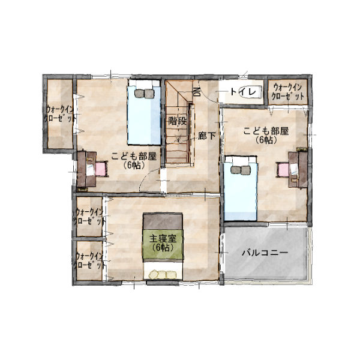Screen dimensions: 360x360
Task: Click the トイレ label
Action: pyautogui.click(x=243, y=92)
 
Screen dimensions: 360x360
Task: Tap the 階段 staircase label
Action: pyautogui.click(x=177, y=121)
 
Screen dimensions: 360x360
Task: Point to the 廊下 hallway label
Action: pyautogui.click(x=207, y=136)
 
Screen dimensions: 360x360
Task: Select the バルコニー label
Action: pyautogui.click(x=265, y=253)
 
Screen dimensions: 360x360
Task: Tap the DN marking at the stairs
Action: pyautogui.click(x=197, y=92)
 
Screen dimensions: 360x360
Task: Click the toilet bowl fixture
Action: pyautogui.click(x=252, y=92)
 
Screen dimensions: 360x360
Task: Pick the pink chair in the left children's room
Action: pyautogui.click(x=101, y=169)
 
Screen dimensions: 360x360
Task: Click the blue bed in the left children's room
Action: pyautogui.click(x=144, y=112)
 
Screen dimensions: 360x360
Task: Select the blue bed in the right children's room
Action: pyautogui.click(x=240, y=188)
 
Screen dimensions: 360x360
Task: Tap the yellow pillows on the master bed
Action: pyautogui.click(x=163, y=275)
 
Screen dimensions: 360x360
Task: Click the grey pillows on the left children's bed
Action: pyautogui.click(x=145, y=94)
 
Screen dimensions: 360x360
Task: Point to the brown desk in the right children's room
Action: pyautogui.click(x=298, y=169)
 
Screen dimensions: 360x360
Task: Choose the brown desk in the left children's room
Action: pyautogui.click(x=86, y=169)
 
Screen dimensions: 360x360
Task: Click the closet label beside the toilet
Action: pyautogui.click(x=287, y=92)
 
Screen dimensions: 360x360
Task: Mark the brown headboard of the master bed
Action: pyautogui.click(x=163, y=221)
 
